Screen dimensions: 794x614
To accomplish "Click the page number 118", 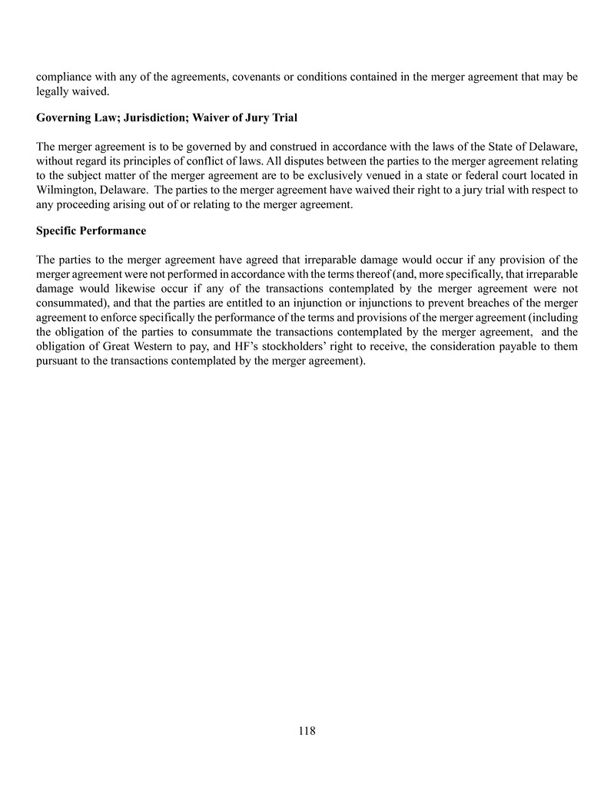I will tap(307, 730).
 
